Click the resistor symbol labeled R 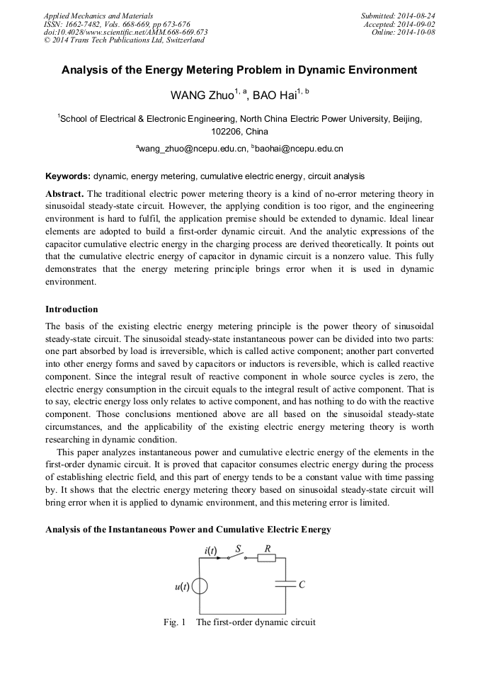pos(267,558)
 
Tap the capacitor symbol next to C pos(285,584)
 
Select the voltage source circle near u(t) pos(200,586)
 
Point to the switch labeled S pos(236,557)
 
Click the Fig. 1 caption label pos(174,622)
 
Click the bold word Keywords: pos(68,176)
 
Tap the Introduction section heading pos(72,309)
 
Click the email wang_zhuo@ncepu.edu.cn pos(193,149)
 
